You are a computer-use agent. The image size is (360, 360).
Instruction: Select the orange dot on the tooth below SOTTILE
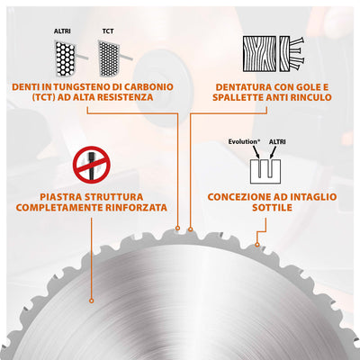(x=259, y=241)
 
